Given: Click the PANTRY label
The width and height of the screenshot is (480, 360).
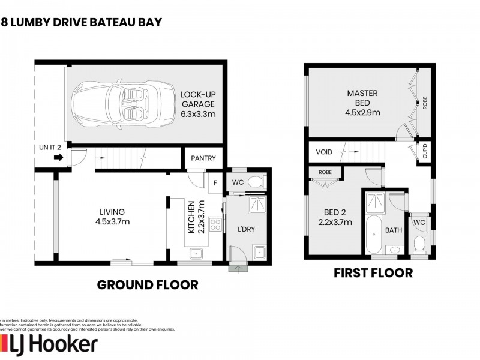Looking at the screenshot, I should pyautogui.click(x=204, y=158).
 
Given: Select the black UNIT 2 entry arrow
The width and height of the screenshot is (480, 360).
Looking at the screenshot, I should pyautogui.click(x=58, y=158).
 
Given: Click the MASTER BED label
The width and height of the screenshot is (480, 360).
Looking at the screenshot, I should pyautogui.click(x=361, y=102).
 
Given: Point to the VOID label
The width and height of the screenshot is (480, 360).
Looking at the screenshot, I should pyautogui.click(x=324, y=152).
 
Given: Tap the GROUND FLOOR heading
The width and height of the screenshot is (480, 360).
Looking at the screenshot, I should pyautogui.click(x=147, y=284).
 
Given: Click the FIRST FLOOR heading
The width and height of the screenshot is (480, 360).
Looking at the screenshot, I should pyautogui.click(x=373, y=273).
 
